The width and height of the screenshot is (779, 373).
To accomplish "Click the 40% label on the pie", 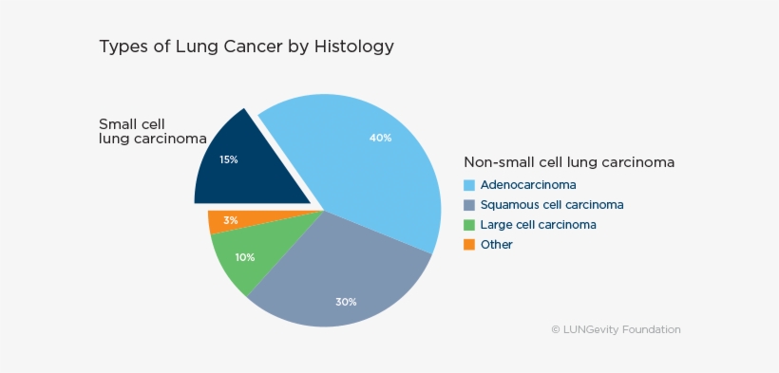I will coord(380,138).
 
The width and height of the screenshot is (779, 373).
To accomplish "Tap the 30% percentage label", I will coord(345,302).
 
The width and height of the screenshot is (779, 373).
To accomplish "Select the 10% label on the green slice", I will coord(245,257).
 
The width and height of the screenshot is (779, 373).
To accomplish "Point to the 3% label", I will coord(231,220).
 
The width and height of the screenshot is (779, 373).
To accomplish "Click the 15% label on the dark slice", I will coord(228,159).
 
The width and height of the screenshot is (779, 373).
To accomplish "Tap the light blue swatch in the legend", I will coord(468,185).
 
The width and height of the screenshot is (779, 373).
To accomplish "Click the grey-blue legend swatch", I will coord(468,205).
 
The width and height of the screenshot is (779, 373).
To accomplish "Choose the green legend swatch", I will coord(468,225).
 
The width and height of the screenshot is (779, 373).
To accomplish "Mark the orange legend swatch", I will coord(468,245).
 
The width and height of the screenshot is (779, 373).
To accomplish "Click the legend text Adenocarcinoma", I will coord(528,185).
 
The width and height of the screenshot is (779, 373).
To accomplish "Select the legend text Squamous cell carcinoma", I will coord(551,205).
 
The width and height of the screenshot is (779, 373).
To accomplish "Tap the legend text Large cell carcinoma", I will coord(538,225).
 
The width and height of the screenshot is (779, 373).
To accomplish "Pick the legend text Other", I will coord(496,245).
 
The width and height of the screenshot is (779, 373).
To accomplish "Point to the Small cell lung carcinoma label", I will coord(152,131).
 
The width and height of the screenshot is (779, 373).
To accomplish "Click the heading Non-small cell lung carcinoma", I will coord(568,162).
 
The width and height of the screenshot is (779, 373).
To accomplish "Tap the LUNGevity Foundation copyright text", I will coord(616,329).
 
